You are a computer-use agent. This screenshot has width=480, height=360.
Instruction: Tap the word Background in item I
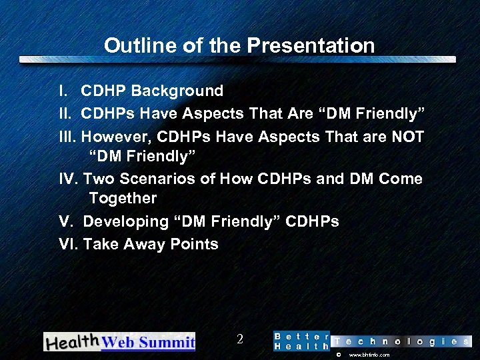181,91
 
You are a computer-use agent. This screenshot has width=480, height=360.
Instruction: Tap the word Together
123,198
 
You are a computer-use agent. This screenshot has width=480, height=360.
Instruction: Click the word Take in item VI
100,244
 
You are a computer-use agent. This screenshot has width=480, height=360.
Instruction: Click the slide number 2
239,339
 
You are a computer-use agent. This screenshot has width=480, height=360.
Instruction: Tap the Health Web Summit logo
119,341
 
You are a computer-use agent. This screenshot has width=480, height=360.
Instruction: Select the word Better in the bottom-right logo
301,336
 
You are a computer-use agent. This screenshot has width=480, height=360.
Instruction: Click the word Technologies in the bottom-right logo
401,341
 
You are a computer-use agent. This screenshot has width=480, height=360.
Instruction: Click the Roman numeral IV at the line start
67,179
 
